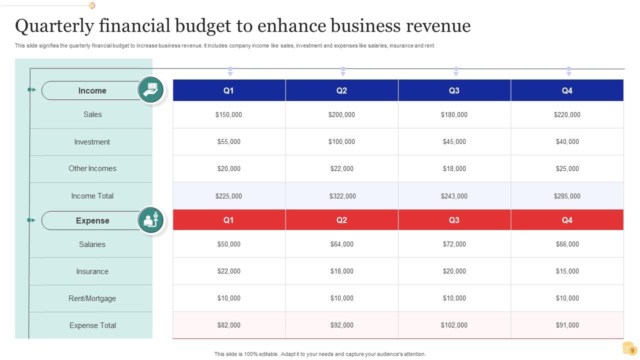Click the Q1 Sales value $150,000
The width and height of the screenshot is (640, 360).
click(228, 114)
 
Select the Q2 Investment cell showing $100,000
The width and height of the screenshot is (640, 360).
click(341, 141)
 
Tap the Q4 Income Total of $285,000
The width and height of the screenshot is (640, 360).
click(567, 196)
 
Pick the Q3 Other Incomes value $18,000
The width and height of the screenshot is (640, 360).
click(454, 168)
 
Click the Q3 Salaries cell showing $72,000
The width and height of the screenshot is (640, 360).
click(454, 244)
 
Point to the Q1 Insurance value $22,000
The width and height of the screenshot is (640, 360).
click(228, 271)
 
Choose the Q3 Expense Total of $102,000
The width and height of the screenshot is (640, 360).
click(454, 325)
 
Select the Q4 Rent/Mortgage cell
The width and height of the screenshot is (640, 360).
click(567, 298)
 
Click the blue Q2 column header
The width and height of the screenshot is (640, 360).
click(341, 90)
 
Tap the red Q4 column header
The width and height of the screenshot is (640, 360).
click(567, 220)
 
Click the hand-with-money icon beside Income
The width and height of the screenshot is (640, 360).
click(151, 90)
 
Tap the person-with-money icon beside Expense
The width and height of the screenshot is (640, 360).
click(151, 220)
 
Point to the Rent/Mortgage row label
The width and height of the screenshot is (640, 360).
click(92, 298)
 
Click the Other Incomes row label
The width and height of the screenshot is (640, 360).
click(92, 168)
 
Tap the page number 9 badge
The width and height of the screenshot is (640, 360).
click(632, 350)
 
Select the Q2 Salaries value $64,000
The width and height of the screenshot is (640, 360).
click(341, 244)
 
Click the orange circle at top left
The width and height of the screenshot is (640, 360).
click(92, 5)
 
